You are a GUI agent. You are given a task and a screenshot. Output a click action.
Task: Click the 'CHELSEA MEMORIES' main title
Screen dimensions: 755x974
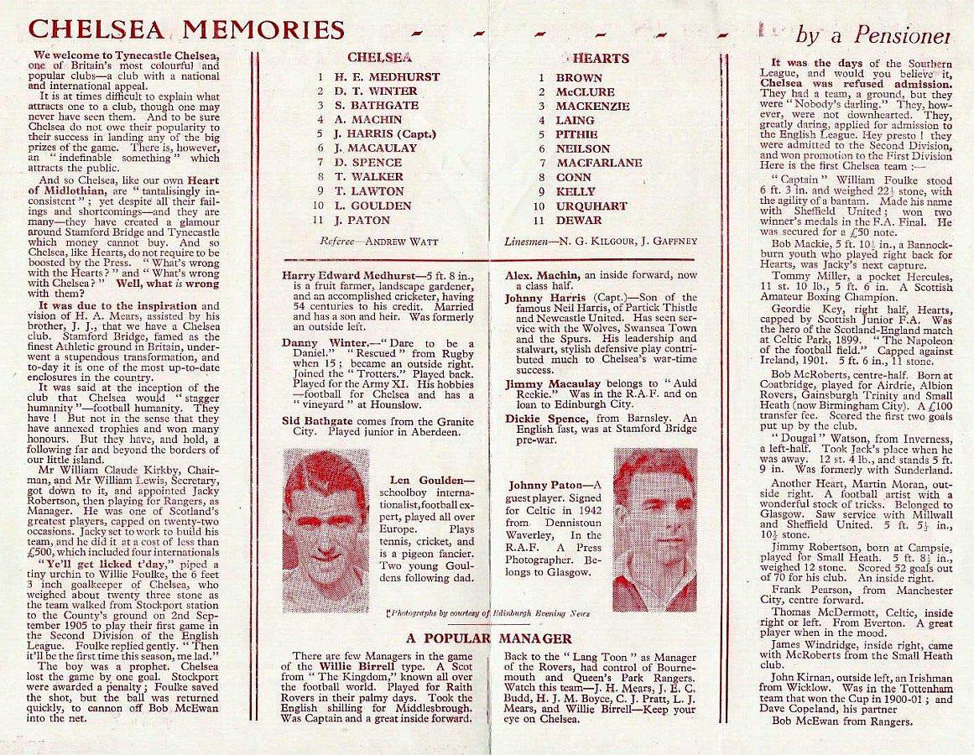point(186,29)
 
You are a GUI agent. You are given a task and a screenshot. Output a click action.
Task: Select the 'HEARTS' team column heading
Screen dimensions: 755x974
point(601,59)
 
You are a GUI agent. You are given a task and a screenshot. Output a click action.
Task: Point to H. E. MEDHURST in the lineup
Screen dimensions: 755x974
point(387,77)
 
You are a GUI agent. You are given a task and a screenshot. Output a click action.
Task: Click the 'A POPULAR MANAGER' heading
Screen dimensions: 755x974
point(489,638)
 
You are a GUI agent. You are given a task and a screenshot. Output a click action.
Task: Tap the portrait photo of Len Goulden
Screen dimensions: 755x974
point(326,530)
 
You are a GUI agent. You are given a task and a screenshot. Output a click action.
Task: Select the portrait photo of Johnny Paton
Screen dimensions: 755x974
point(655,530)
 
